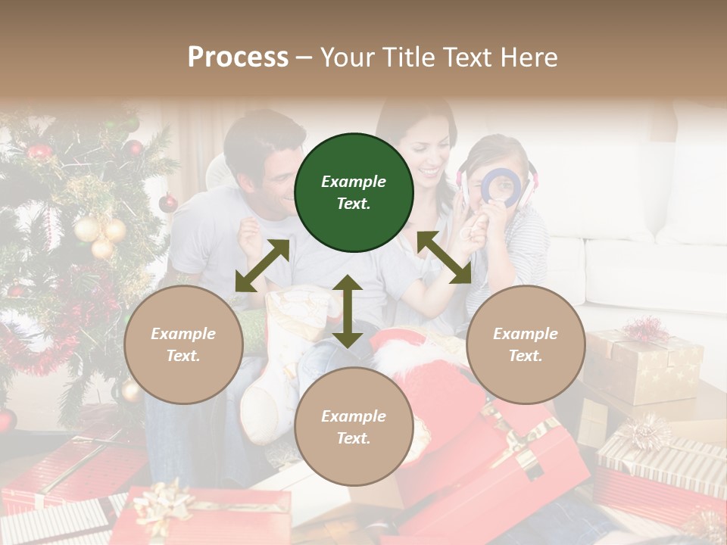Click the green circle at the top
pos(354,193)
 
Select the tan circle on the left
pos(183,345)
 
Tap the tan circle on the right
pos(526,345)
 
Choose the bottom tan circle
pos(354,427)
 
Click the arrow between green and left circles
pos(262,266)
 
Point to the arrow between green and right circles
pos(444,258)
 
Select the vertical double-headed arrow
pos(348,311)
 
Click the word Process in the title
pos(238,57)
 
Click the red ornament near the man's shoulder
pos(168,203)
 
